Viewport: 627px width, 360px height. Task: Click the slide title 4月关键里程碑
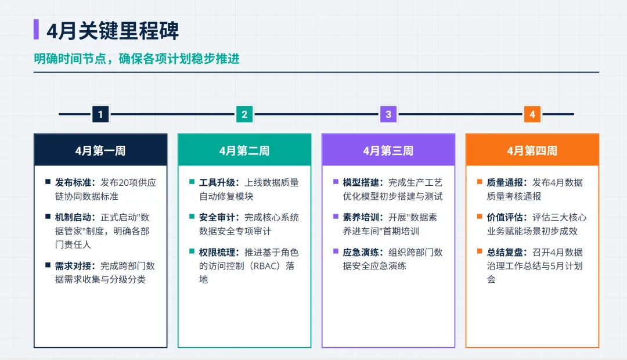[x=113, y=30]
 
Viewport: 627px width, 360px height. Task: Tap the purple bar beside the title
[x=37, y=30]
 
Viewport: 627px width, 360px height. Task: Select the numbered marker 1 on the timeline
[x=100, y=114]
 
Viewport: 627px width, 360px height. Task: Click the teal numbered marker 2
[x=244, y=114]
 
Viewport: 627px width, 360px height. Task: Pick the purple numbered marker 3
[x=388, y=114]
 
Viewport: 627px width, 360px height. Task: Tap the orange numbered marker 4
[x=532, y=114]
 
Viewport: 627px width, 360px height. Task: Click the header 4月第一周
[x=100, y=151]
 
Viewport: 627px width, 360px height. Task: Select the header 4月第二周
[x=244, y=151]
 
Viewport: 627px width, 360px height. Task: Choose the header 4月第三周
[x=388, y=151]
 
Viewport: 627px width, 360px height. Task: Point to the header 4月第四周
[x=532, y=151]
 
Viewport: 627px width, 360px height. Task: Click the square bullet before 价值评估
[x=480, y=217]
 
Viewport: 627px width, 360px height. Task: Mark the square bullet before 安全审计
[x=192, y=217]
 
